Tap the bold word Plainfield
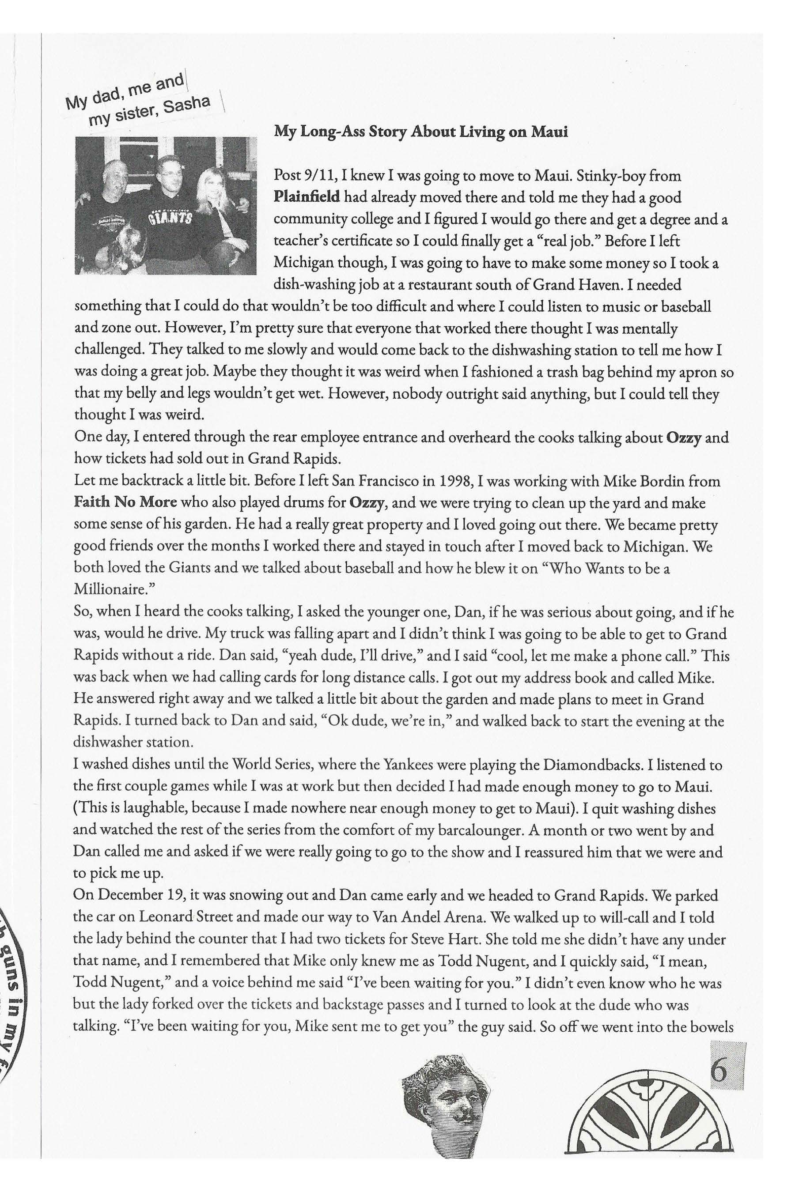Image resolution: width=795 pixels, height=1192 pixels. pyautogui.click(x=306, y=197)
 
